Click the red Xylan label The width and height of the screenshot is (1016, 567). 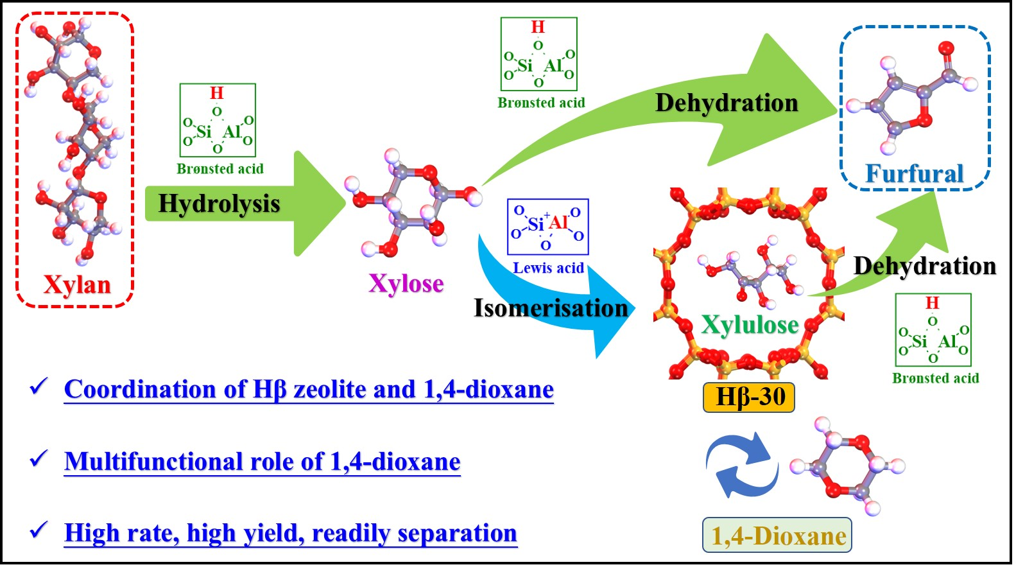77,284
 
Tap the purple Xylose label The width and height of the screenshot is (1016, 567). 406,283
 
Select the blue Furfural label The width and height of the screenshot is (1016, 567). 915,173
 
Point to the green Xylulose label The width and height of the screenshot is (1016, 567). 750,325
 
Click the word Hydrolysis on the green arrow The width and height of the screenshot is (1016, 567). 219,204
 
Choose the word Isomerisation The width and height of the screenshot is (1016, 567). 551,308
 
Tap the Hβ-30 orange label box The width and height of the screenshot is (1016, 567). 749,397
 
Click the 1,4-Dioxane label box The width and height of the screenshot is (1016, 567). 777,536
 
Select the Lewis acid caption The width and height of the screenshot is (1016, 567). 548,268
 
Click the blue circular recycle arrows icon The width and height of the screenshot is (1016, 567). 741,464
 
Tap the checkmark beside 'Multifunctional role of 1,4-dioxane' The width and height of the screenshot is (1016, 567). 39,459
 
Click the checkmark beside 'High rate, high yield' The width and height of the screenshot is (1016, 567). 39,530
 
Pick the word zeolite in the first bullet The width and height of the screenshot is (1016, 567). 333,389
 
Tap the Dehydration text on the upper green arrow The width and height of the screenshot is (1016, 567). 726,103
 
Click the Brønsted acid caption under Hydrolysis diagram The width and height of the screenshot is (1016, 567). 220,169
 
